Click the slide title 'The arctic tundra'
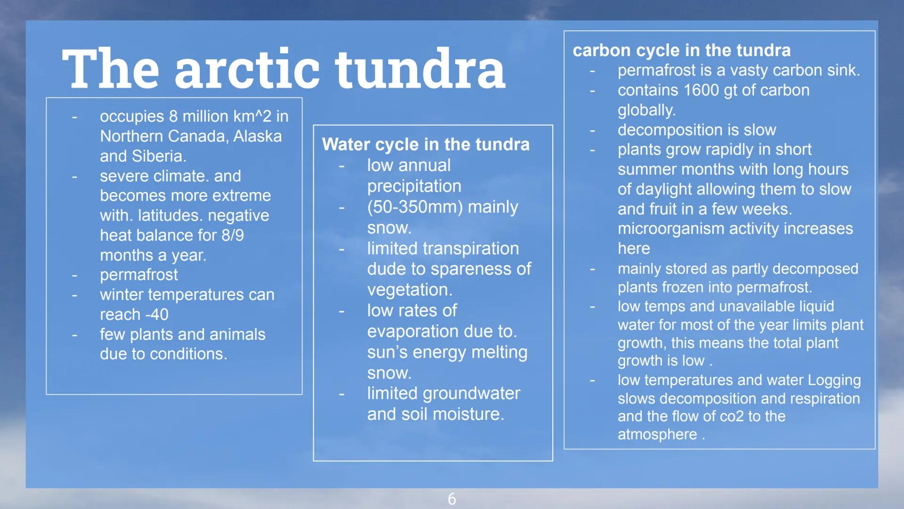(283, 68)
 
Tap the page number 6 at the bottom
(452, 499)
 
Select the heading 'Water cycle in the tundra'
(426, 144)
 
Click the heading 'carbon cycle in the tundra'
(681, 50)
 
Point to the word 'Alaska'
(258, 136)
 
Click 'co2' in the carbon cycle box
(732, 417)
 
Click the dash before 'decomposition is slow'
(592, 130)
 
